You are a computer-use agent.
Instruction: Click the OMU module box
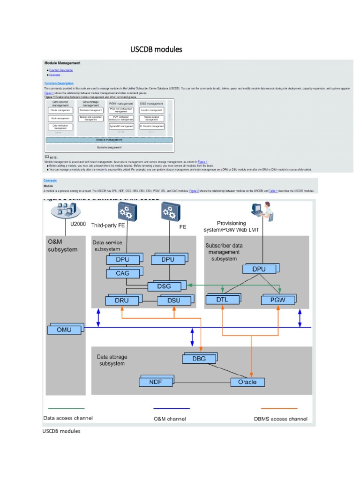point(64,330)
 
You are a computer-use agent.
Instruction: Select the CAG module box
point(121,273)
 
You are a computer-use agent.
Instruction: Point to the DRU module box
point(122,300)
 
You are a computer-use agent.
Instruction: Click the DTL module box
point(222,300)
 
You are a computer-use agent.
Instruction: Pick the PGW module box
point(278,300)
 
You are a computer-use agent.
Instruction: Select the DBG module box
point(199,359)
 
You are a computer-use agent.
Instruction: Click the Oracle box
point(247,382)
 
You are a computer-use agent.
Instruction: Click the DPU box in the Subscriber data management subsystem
point(258,269)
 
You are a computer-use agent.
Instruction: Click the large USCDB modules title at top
point(156,49)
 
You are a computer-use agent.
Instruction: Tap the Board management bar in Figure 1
point(109,148)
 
